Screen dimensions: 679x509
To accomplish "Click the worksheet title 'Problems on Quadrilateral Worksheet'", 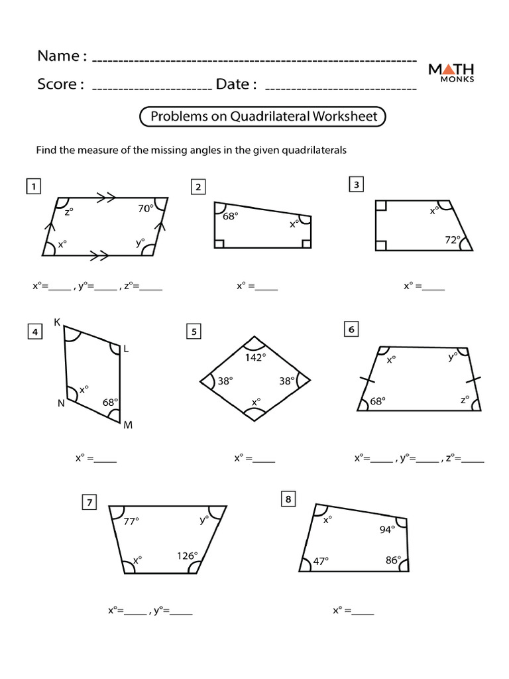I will point(263,117).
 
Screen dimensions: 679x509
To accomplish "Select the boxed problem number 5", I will point(194,332).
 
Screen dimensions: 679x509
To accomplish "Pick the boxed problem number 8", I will point(288,499).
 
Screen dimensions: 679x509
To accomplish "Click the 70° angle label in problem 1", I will point(146,208).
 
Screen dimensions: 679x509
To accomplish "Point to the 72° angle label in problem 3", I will point(453,240).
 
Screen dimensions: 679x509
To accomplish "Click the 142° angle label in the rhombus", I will point(254,357).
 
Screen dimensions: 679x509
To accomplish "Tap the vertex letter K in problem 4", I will point(57,323).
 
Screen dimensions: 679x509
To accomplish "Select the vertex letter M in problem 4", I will point(128,425).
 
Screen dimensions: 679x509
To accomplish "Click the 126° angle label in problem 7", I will point(186,556).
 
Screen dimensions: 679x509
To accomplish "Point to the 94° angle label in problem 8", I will point(387,529).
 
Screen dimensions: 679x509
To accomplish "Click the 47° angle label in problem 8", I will point(321,561).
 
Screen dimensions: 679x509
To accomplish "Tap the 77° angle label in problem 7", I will point(131,521).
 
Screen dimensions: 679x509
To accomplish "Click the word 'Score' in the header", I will point(60,84).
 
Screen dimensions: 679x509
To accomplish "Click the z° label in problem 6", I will point(465,401).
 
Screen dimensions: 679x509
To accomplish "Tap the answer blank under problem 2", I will point(266,288).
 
